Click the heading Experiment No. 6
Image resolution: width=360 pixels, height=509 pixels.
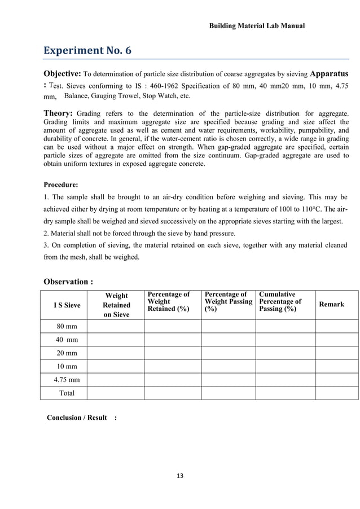tap(87, 51)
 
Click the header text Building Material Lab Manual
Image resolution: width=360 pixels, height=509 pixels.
tap(257, 26)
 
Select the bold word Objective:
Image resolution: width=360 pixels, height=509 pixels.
tap(63, 74)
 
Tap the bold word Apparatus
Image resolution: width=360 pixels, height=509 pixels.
tap(330, 74)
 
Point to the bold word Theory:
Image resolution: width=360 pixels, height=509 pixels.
tap(58, 113)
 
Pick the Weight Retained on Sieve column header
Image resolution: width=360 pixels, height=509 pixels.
tap(116, 305)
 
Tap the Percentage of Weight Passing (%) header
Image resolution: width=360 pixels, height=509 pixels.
tap(228, 302)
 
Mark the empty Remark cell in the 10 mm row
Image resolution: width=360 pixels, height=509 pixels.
tap(336, 366)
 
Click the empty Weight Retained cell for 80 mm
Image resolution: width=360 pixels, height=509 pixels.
tap(116, 326)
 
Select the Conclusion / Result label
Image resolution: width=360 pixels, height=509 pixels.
tap(77, 418)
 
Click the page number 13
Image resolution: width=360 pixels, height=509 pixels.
tap(180, 476)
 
